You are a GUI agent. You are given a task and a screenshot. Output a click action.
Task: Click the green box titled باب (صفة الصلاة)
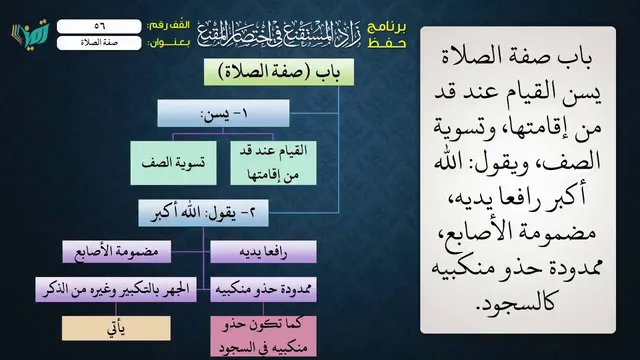pos(279,72)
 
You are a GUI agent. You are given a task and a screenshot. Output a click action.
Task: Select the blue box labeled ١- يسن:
pos(223,113)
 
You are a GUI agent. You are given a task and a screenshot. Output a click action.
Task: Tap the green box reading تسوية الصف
pos(173,163)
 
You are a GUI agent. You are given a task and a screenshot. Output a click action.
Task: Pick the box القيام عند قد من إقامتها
pos(273,163)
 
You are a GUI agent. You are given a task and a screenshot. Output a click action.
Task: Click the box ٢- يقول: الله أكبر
pos(203,213)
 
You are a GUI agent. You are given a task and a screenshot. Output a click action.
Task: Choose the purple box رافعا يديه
pos(263,252)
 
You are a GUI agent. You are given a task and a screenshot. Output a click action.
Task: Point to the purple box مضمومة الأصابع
pos(117,252)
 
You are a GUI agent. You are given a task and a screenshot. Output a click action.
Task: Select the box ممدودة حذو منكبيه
pos(263,289)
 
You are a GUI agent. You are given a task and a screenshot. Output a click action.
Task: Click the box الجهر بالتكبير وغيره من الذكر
pos(116,289)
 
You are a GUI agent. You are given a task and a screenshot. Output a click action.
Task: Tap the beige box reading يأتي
pos(116,328)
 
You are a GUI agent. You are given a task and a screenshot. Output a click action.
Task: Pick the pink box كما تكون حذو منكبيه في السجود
pos(263,337)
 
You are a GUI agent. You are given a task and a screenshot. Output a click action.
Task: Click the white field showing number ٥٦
pos(99,26)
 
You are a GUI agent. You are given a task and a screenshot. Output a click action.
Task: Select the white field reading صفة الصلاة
pos(99,43)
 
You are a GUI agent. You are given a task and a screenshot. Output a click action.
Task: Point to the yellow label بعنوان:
pos(168,43)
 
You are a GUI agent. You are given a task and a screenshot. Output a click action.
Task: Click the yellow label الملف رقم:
pos(168,25)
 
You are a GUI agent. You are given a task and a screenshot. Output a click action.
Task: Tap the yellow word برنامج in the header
pos(387,28)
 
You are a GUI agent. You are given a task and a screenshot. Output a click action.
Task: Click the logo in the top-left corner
pos(30,33)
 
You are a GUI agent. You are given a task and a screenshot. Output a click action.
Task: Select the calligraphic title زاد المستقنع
pos(279,34)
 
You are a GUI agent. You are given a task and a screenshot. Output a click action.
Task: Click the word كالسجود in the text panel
pos(516,303)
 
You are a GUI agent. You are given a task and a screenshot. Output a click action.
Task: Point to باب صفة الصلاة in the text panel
pos(517,57)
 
